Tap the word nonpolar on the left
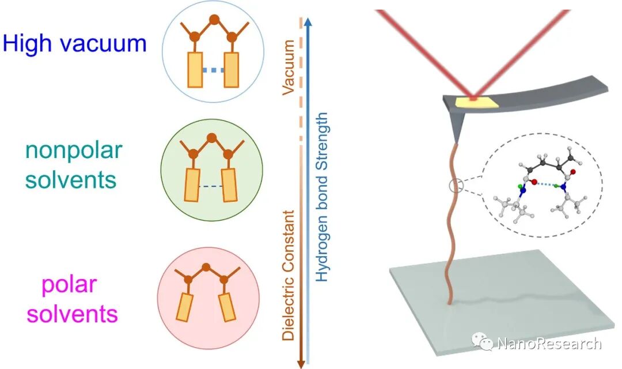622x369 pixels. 73,150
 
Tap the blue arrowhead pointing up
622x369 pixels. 309,23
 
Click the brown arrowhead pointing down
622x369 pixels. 300,362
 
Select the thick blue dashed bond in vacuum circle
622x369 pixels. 213,70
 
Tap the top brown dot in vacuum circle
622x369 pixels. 213,20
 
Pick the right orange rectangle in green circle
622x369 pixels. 229,184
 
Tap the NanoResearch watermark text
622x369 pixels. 548,344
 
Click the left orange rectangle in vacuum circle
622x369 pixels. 195,70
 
